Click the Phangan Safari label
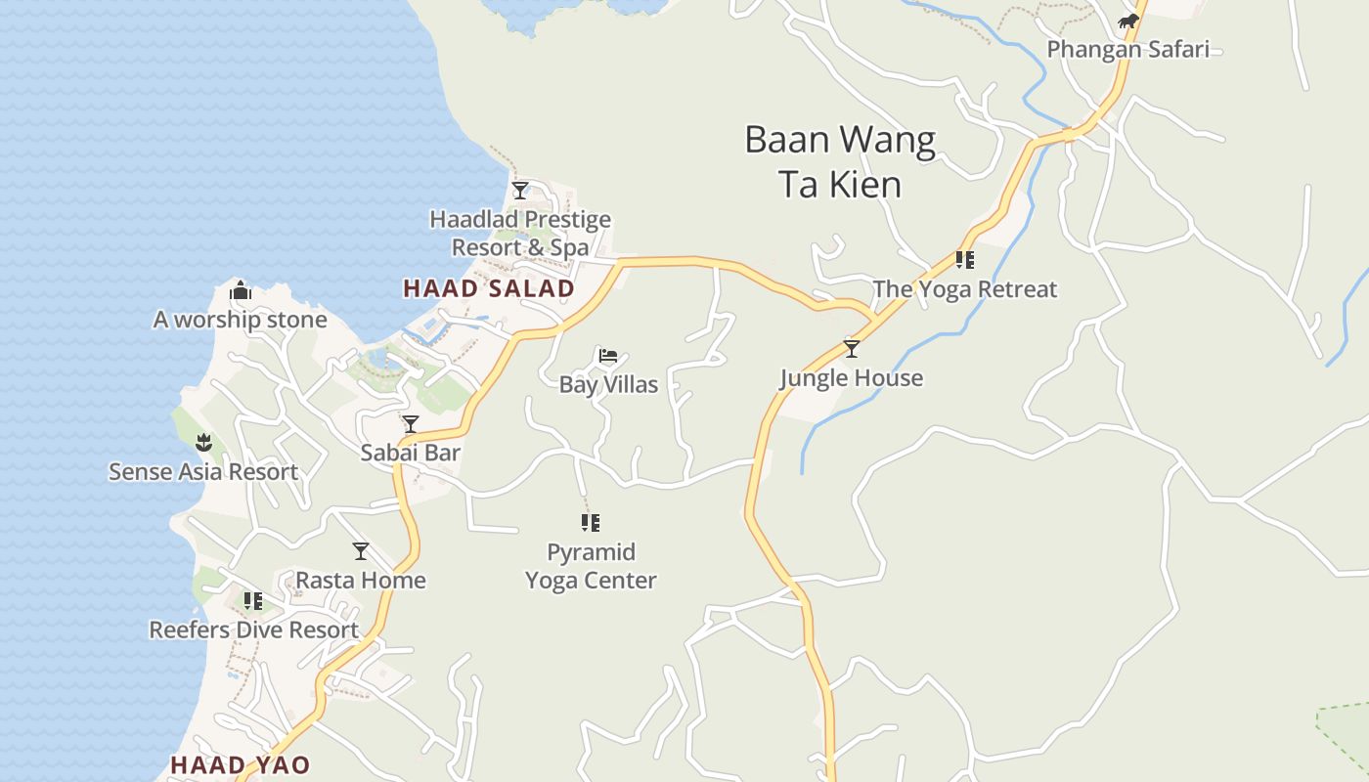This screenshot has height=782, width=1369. click(x=1127, y=49)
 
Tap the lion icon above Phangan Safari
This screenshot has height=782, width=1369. click(x=1128, y=22)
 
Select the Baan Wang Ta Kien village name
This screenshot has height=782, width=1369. click(x=840, y=161)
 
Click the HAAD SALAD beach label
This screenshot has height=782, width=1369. click(x=489, y=288)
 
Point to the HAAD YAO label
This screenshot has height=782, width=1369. click(x=240, y=764)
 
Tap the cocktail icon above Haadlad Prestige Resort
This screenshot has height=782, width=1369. click(x=520, y=190)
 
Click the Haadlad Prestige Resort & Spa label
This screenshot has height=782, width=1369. click(x=520, y=234)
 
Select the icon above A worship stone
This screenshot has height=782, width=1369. click(x=241, y=290)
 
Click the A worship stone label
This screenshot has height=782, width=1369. click(x=241, y=320)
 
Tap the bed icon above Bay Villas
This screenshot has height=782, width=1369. click(x=608, y=356)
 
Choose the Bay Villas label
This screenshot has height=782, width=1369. click(x=608, y=384)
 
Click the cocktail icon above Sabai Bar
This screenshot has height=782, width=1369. click(x=411, y=423)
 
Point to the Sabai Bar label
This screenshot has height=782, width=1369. click(x=411, y=453)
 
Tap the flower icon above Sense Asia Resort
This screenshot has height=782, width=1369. click(x=203, y=443)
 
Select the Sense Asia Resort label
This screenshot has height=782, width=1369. click(x=203, y=472)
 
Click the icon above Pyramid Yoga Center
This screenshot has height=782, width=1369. click(x=590, y=523)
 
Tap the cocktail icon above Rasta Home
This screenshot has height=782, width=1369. click(x=361, y=551)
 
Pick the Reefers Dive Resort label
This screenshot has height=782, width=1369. click(x=254, y=630)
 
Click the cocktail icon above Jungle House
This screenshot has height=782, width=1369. click(x=852, y=349)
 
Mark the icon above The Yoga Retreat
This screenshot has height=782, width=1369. click(x=965, y=260)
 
